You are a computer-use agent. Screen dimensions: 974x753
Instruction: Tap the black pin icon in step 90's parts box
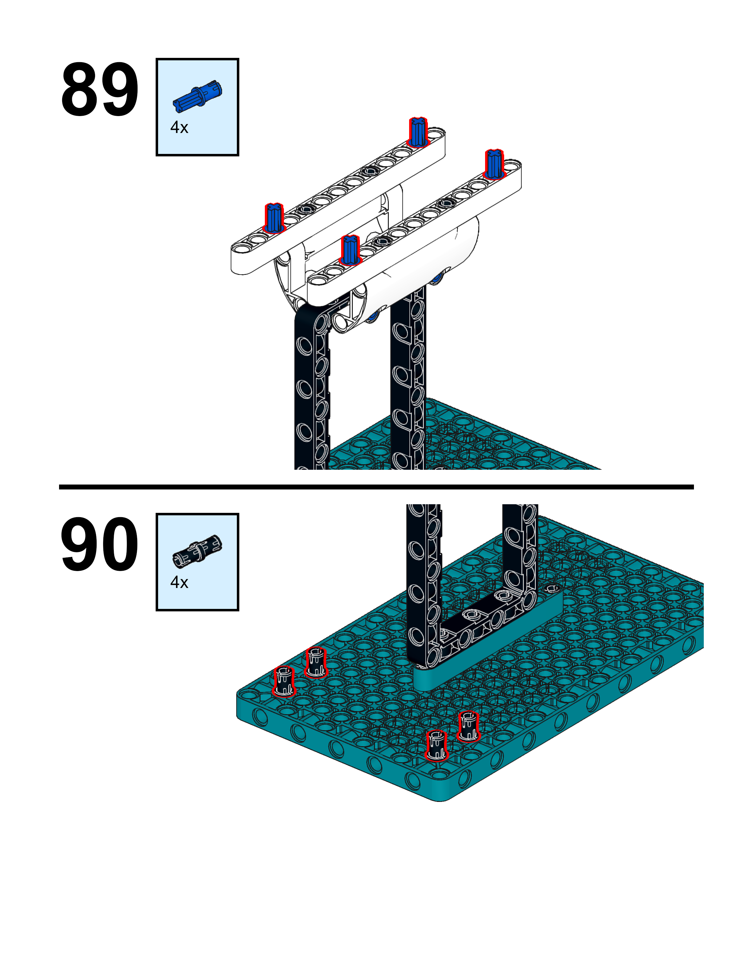click(197, 550)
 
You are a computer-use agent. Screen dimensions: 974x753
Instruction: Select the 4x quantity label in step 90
click(179, 582)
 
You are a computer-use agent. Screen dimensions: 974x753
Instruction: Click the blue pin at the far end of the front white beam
click(494, 164)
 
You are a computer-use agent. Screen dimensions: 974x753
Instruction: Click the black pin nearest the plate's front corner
click(436, 745)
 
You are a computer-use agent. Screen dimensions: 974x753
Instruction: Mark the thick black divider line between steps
click(376, 487)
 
